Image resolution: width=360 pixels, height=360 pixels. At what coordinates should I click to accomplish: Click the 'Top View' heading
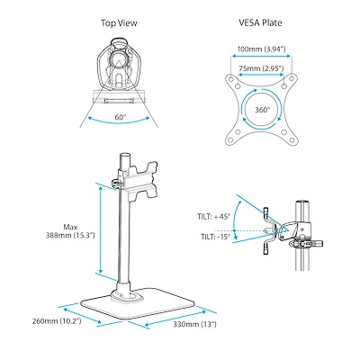(x=119, y=23)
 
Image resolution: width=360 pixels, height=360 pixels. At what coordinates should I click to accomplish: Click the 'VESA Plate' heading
(x=260, y=22)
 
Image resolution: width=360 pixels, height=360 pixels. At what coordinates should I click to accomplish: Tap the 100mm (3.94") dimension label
(x=261, y=49)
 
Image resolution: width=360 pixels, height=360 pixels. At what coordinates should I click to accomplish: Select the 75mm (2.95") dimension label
(x=261, y=68)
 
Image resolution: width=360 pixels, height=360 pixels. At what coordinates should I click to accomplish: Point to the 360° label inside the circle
(x=263, y=110)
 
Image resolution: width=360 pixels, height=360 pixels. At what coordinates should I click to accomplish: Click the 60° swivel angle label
(x=120, y=117)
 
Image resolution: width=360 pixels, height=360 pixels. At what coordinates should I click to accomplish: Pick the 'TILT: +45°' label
(x=213, y=217)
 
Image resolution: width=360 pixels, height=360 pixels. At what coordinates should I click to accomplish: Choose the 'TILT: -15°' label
(x=215, y=237)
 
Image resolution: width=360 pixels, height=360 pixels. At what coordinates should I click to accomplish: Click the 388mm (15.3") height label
(x=70, y=235)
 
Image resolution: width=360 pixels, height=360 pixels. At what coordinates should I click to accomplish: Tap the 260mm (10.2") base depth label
(x=57, y=321)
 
